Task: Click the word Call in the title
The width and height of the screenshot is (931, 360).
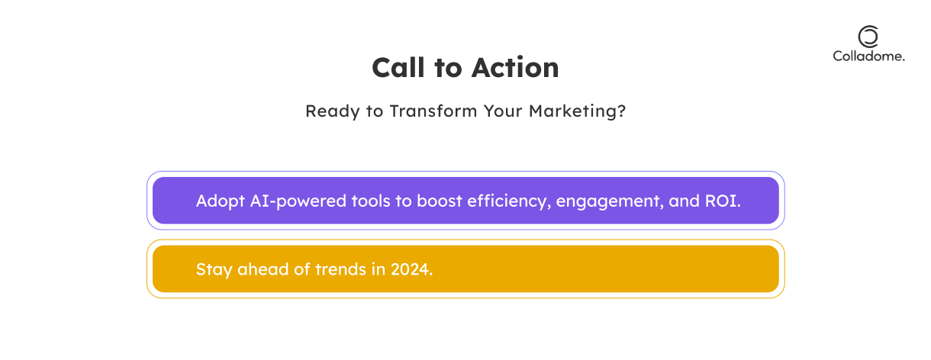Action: pyautogui.click(x=398, y=67)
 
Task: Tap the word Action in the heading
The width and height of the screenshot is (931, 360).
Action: pyautogui.click(x=515, y=67)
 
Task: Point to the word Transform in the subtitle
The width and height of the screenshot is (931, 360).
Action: pyautogui.click(x=433, y=111)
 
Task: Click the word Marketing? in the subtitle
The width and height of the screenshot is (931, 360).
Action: pyautogui.click(x=577, y=111)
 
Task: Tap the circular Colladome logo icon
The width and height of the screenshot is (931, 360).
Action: pyautogui.click(x=868, y=37)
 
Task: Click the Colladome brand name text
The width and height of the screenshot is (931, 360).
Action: pyautogui.click(x=868, y=56)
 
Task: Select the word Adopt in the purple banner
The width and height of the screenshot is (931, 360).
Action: pyautogui.click(x=221, y=201)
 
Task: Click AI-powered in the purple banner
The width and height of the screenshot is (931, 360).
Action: pyautogui.click(x=298, y=201)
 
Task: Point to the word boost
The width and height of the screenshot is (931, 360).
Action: pyautogui.click(x=440, y=201)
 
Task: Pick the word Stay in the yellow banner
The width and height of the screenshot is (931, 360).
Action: pyautogui.click(x=214, y=270)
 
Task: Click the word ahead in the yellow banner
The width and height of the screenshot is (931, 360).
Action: pyautogui.click(x=263, y=269)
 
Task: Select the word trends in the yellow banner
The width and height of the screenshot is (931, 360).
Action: pyautogui.click(x=341, y=269)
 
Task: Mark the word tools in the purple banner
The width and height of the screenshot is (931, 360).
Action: pyautogui.click(x=371, y=201)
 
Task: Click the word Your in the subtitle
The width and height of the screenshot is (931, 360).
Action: pyautogui.click(x=503, y=111)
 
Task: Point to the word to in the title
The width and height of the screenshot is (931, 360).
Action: pyautogui.click(x=449, y=69)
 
